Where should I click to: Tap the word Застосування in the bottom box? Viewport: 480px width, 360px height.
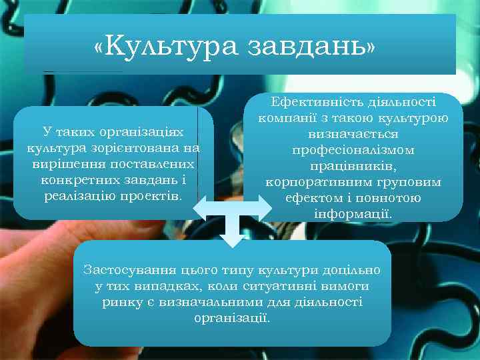[129, 270]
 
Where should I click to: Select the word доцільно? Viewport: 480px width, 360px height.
[347, 270]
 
